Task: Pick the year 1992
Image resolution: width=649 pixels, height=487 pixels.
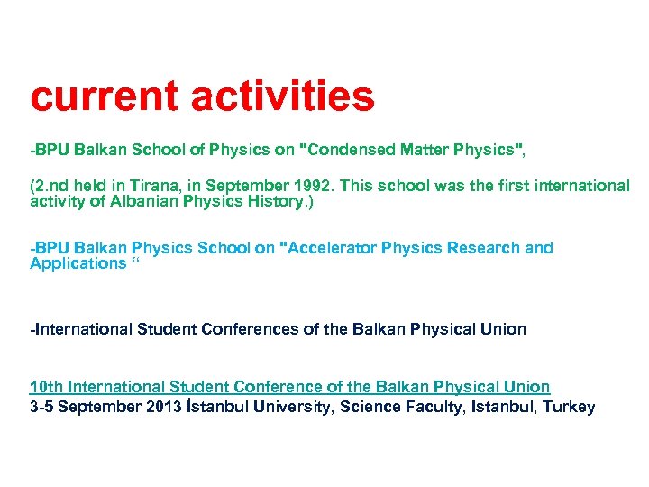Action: [x=310, y=186]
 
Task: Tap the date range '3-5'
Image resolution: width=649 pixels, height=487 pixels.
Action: [x=41, y=407]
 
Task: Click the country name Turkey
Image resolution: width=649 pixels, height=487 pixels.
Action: [x=569, y=407]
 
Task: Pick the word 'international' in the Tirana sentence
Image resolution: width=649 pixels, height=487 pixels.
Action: [x=580, y=186]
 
